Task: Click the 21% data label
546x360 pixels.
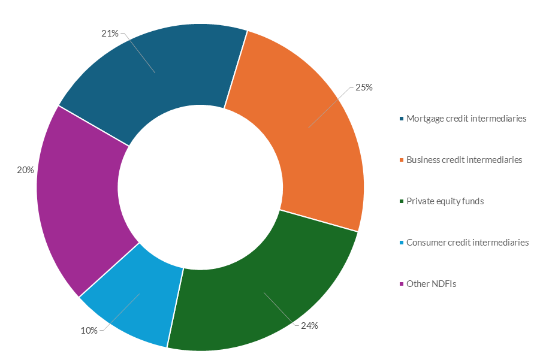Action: [110, 34]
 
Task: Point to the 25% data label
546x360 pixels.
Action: [364, 87]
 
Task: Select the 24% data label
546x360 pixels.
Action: [309, 326]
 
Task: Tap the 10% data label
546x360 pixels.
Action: [89, 330]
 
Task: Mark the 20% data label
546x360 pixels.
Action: [25, 170]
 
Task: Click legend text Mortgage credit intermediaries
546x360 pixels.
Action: [466, 119]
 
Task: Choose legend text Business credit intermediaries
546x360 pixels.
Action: [464, 160]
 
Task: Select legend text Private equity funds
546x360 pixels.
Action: [445, 201]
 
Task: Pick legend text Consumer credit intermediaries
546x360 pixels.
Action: [467, 243]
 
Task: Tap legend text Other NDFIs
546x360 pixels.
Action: [431, 284]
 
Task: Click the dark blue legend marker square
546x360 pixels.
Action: [402, 119]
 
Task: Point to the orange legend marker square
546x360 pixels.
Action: [402, 160]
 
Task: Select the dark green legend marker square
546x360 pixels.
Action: [402, 201]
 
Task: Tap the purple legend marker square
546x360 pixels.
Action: [402, 284]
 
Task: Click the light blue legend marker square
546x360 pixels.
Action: [402, 243]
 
